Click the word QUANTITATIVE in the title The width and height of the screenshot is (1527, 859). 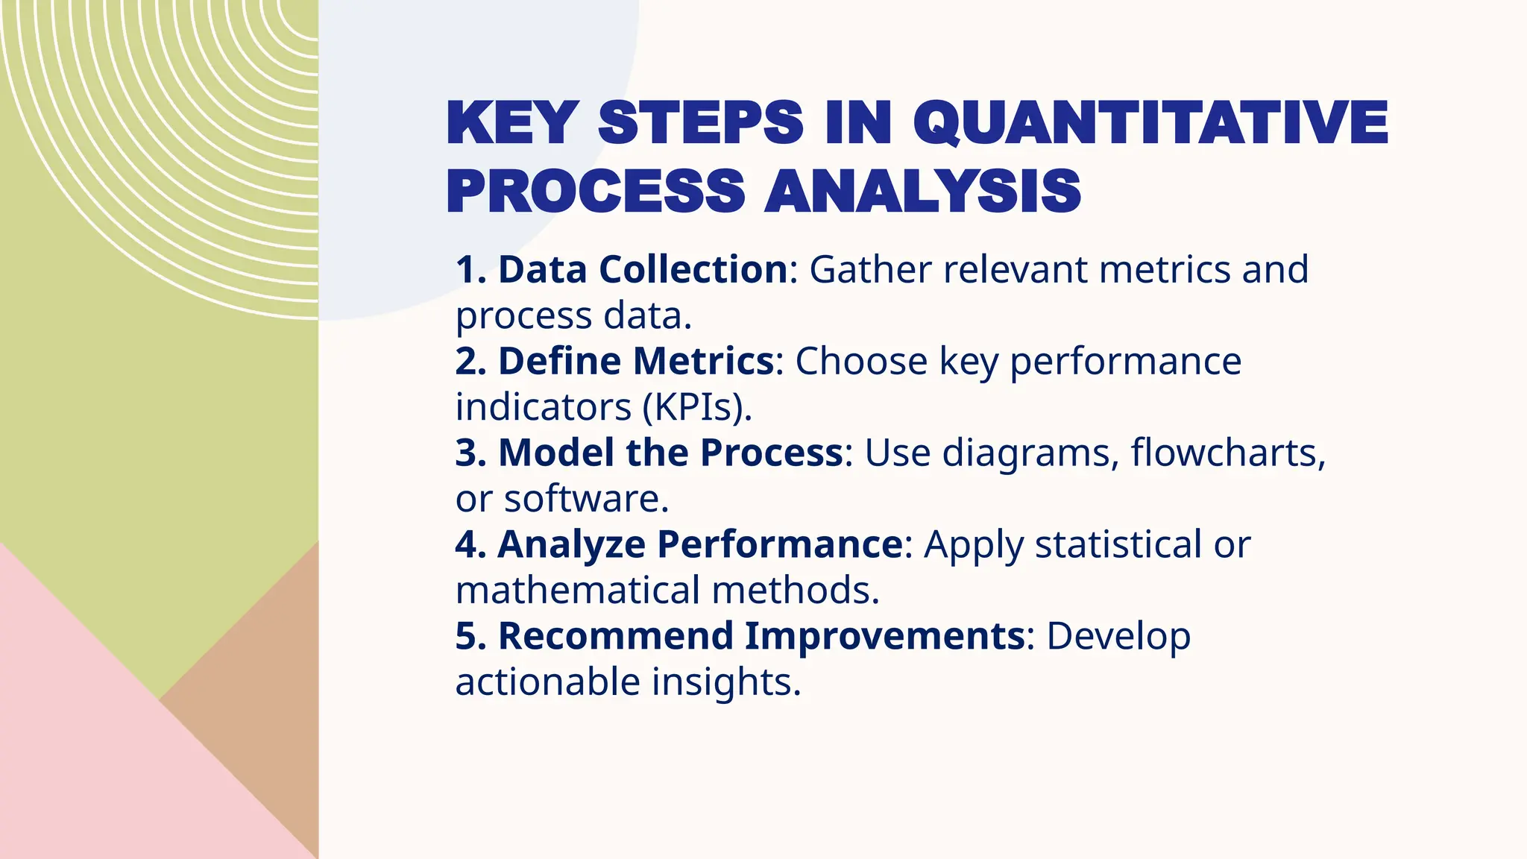pyautogui.click(x=1150, y=123)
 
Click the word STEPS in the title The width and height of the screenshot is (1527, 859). pyautogui.click(x=701, y=123)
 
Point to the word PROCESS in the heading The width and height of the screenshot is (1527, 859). pyautogui.click(x=596, y=192)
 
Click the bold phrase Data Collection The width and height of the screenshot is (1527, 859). pyautogui.click(x=643, y=269)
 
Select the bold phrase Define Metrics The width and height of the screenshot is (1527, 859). pyautogui.click(x=636, y=361)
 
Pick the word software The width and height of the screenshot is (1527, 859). pyautogui.click(x=586, y=499)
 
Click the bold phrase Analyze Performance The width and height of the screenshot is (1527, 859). pyautogui.click(x=700, y=544)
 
